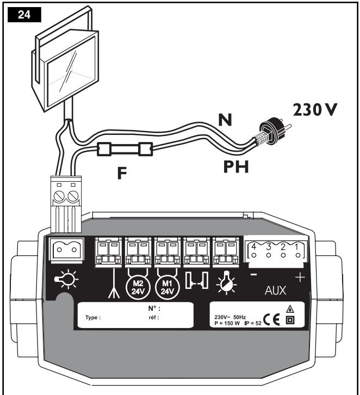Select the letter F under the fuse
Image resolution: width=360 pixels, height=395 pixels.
122,175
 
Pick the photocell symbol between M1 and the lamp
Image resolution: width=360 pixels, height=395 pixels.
196,281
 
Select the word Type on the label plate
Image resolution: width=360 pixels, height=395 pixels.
94,318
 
